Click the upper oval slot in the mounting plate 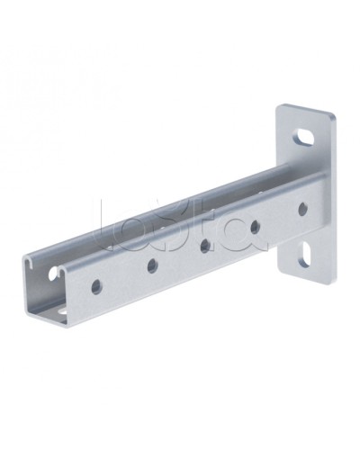pyautogui.click(x=306, y=139)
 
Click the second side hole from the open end pyautogui.click(x=151, y=265)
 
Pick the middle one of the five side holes pyautogui.click(x=205, y=244)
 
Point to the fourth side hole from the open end pyautogui.click(x=256, y=225)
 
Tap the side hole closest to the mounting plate pyautogui.click(x=301, y=208)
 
